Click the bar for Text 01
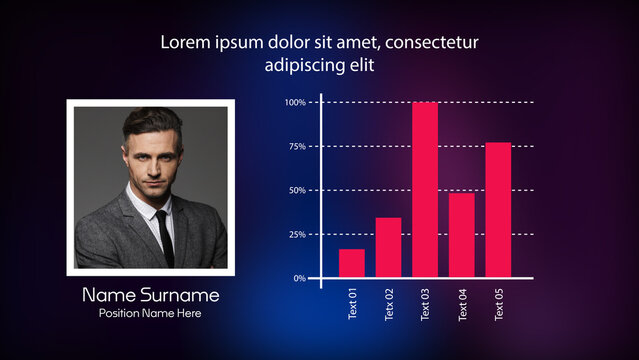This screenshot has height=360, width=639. (351, 263)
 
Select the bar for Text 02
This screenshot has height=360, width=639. (388, 247)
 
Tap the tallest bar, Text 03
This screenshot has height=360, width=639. (425, 190)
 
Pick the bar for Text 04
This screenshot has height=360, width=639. (462, 235)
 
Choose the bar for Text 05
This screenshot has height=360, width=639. (498, 210)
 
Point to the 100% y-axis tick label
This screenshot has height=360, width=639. (295, 103)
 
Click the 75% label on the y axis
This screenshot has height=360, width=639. (297, 146)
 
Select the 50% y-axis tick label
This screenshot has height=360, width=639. (297, 190)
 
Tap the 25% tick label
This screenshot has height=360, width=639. (297, 234)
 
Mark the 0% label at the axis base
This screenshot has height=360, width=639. (299, 278)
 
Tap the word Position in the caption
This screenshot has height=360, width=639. (121, 313)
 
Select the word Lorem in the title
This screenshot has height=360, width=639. (185, 43)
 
